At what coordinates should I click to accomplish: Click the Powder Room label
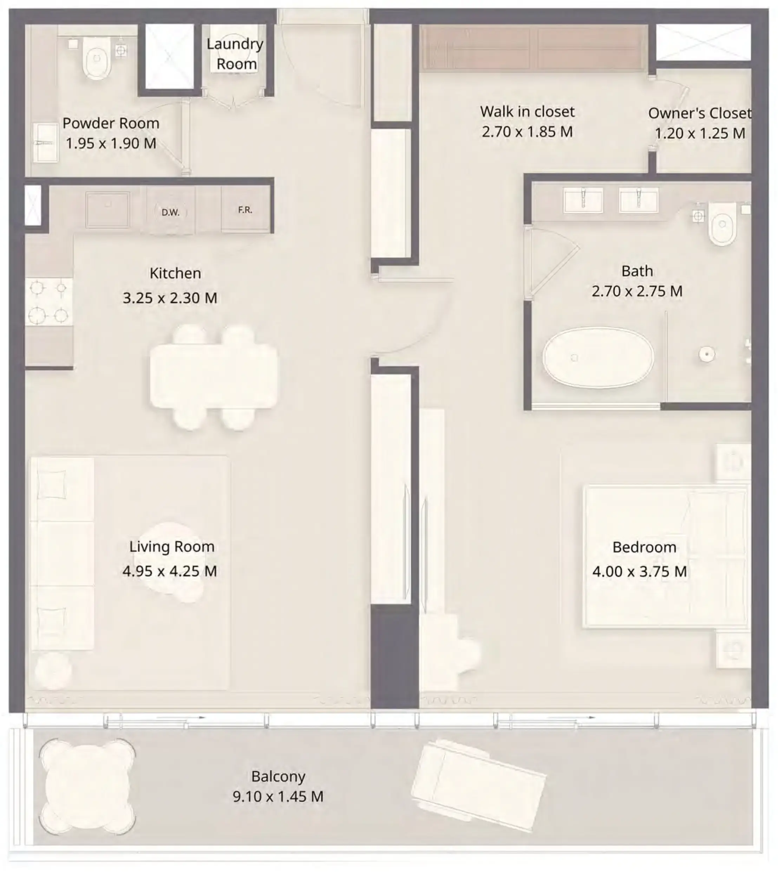click(x=111, y=123)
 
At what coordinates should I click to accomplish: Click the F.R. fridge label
click(x=245, y=209)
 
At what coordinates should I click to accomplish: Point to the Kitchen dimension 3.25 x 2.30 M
click(x=170, y=298)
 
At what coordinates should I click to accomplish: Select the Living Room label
click(x=172, y=547)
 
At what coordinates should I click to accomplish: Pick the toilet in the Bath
click(x=723, y=224)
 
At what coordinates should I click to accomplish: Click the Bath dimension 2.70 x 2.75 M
click(x=637, y=291)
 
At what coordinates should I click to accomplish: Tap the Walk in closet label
click(x=527, y=112)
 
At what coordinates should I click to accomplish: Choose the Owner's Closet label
click(x=699, y=113)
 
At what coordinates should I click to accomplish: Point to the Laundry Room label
click(x=235, y=54)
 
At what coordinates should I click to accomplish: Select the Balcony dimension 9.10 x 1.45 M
click(x=278, y=796)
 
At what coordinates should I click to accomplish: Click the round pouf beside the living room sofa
click(x=53, y=671)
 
